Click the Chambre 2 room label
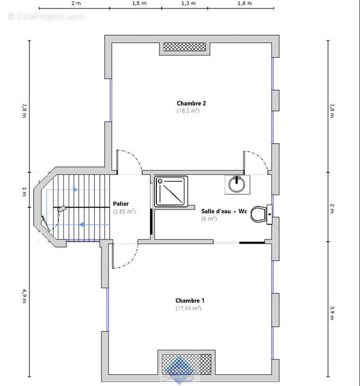191,103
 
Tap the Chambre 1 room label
190,300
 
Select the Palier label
121,204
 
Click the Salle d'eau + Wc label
224,211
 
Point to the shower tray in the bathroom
171,191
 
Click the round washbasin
237,185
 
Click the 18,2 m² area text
188,110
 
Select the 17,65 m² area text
188,308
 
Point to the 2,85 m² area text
125,211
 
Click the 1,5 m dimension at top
139,3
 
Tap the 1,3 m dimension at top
188,3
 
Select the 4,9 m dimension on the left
24,296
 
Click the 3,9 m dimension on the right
332,313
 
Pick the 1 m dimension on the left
24,192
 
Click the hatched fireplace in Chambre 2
185,47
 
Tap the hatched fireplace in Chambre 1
186,364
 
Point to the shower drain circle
160,181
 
